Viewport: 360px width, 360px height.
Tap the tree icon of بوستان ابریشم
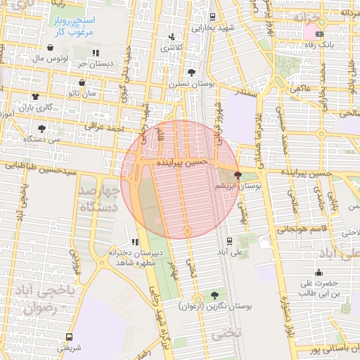point(238,175)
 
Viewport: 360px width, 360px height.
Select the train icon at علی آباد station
point(230,240)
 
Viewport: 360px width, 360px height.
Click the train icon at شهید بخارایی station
point(213,16)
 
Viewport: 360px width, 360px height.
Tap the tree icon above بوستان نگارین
point(214,295)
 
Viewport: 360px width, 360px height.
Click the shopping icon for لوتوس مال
point(51,48)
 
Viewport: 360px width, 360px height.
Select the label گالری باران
point(36,107)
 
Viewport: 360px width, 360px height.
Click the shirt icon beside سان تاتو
point(35,95)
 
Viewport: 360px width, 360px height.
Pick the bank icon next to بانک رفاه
point(320,34)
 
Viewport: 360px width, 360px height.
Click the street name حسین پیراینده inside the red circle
point(181,162)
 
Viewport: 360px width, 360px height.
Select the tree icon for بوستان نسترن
point(191,72)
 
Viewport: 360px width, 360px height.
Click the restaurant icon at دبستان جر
point(96,53)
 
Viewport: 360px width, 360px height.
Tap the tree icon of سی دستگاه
point(41,129)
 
